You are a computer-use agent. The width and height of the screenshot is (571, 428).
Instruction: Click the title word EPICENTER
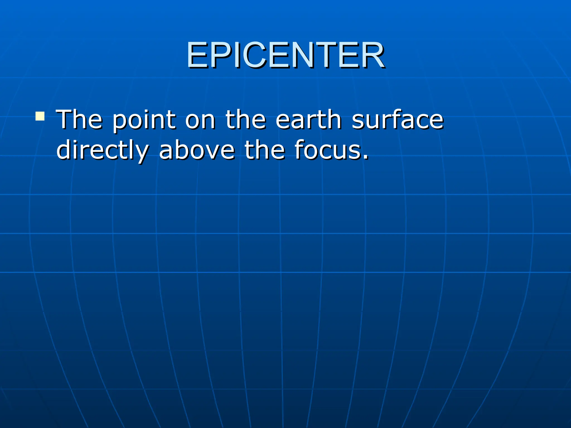[x=285, y=55]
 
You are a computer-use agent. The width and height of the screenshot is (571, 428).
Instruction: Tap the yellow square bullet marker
[x=40, y=116]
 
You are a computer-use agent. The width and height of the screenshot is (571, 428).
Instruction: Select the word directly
[x=103, y=150]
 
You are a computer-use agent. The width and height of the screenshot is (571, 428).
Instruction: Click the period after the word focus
[x=366, y=157]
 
